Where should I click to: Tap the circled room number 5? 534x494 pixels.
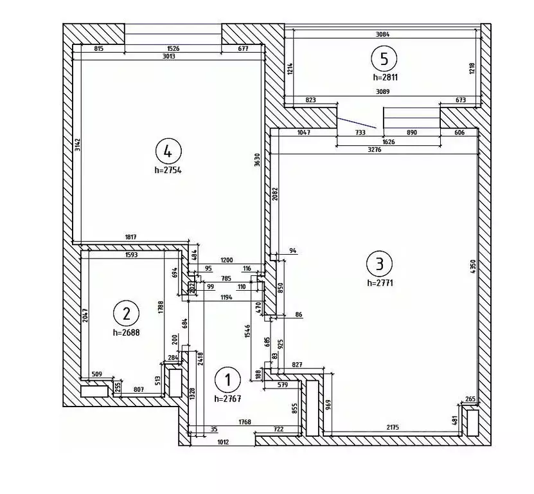384,59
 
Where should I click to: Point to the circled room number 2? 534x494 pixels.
126,313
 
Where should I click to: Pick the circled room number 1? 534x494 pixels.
227,380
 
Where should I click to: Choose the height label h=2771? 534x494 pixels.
380,282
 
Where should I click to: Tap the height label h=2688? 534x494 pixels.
127,333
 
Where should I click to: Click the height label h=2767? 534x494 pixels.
228,399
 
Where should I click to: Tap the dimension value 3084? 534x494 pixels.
384,34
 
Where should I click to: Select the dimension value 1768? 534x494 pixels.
245,423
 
